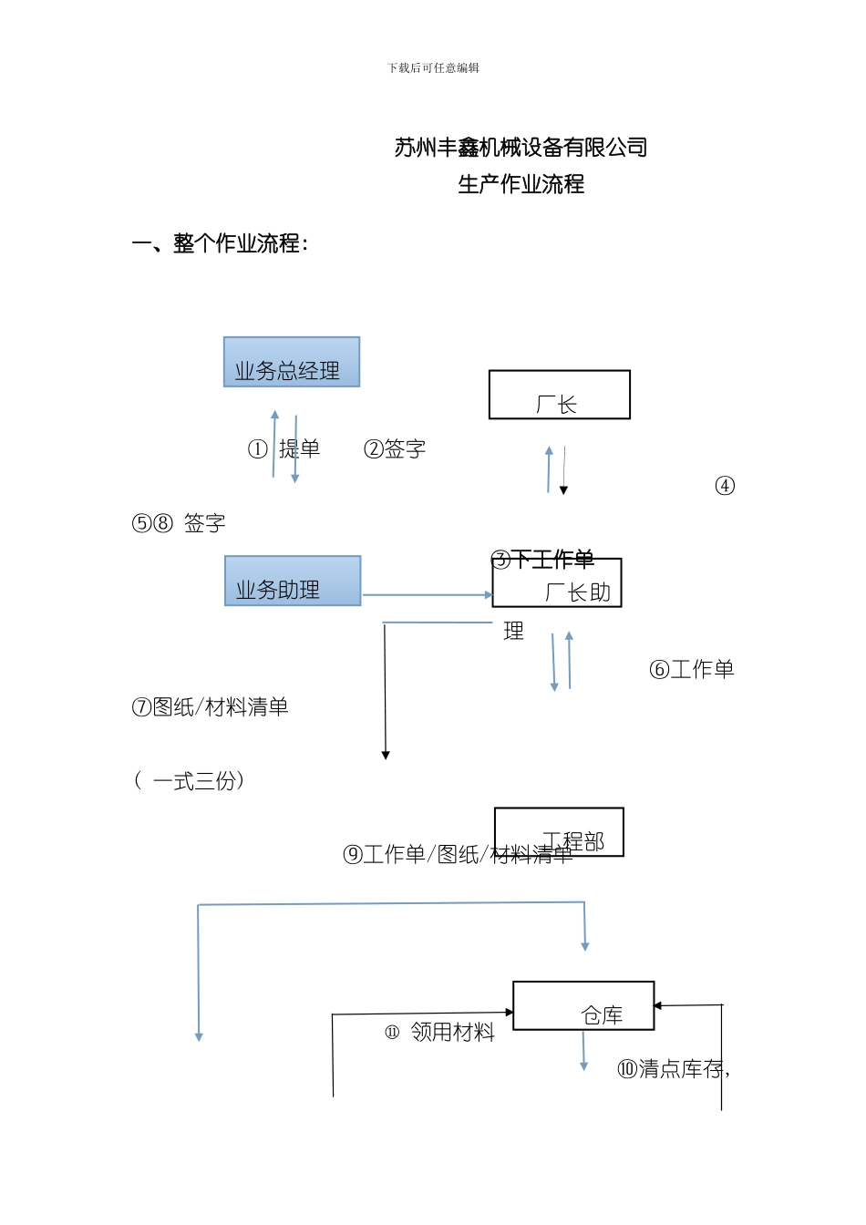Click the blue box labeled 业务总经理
(x=292, y=362)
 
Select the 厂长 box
(x=559, y=395)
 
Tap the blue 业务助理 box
(x=293, y=581)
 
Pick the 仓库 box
(x=583, y=1005)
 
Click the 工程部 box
(x=559, y=831)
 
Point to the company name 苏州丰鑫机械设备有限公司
(x=521, y=148)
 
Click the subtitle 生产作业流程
(x=521, y=184)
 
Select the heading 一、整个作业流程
(x=220, y=243)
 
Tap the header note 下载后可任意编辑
(x=433, y=68)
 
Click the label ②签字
(x=395, y=449)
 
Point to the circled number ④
(x=725, y=486)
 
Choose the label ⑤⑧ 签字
(x=179, y=523)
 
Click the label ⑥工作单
(x=691, y=670)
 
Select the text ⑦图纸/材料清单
(x=211, y=707)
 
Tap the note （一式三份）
(x=189, y=781)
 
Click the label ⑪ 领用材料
(x=440, y=1033)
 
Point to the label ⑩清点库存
(x=673, y=1069)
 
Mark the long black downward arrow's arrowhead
(x=386, y=755)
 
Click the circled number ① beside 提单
(x=258, y=449)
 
